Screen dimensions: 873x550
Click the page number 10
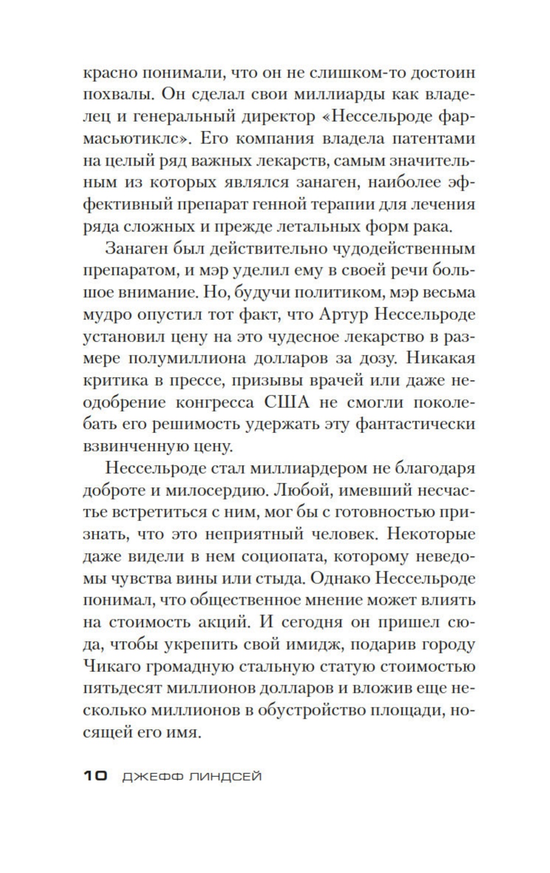(95, 776)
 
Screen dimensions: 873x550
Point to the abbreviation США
(284, 402)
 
